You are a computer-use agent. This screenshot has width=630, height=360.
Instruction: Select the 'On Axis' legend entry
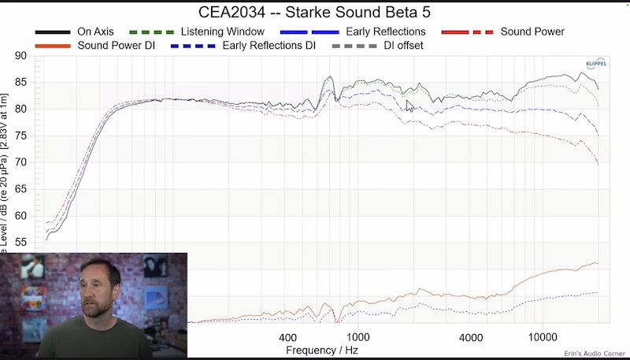click(95, 32)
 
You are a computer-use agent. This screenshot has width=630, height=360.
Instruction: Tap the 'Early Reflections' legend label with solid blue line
click(385, 32)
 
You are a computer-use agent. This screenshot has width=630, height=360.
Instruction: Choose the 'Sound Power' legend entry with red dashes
click(532, 32)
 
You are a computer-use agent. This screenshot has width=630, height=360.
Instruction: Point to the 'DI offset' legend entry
click(403, 46)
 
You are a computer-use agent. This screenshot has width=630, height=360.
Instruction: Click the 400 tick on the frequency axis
click(287, 337)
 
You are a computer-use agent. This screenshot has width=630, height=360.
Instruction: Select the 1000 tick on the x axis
click(358, 337)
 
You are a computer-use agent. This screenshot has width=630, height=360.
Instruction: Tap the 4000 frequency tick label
click(470, 337)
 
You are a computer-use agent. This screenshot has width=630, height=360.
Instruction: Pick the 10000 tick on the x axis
click(542, 337)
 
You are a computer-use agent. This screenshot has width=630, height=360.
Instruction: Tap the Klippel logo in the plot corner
click(596, 63)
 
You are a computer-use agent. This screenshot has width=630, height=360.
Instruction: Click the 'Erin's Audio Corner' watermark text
click(594, 354)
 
